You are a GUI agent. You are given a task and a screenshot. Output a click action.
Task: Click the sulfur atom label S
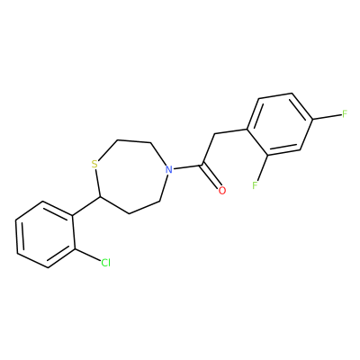(94, 164)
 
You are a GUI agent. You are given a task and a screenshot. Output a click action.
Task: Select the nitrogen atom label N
(169, 169)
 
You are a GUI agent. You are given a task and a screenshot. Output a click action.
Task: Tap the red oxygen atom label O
(221, 190)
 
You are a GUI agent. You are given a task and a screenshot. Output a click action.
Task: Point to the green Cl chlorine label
(105, 263)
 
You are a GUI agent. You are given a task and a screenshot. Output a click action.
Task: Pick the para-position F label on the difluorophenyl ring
(345, 114)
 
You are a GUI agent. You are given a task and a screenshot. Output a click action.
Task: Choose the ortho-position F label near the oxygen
(255, 185)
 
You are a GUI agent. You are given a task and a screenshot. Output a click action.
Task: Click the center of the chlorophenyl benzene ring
(45, 235)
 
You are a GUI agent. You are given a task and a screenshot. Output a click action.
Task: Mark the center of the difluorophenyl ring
(280, 124)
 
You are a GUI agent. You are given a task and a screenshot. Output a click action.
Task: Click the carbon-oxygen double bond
(212, 176)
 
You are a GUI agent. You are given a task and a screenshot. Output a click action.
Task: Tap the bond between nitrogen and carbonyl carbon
(188, 166)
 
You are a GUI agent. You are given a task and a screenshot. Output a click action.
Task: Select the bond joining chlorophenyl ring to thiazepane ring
(86, 206)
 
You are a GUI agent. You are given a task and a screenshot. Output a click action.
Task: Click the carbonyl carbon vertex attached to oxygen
(203, 165)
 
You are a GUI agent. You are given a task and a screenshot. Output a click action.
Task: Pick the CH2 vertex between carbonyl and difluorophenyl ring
(215, 134)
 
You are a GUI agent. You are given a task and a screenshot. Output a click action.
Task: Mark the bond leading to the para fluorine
(327, 117)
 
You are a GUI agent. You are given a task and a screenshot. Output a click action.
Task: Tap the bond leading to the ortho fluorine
(262, 166)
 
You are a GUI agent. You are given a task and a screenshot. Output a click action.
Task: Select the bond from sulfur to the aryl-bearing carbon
(98, 183)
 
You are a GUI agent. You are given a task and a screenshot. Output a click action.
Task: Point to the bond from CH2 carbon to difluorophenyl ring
(231, 131)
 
